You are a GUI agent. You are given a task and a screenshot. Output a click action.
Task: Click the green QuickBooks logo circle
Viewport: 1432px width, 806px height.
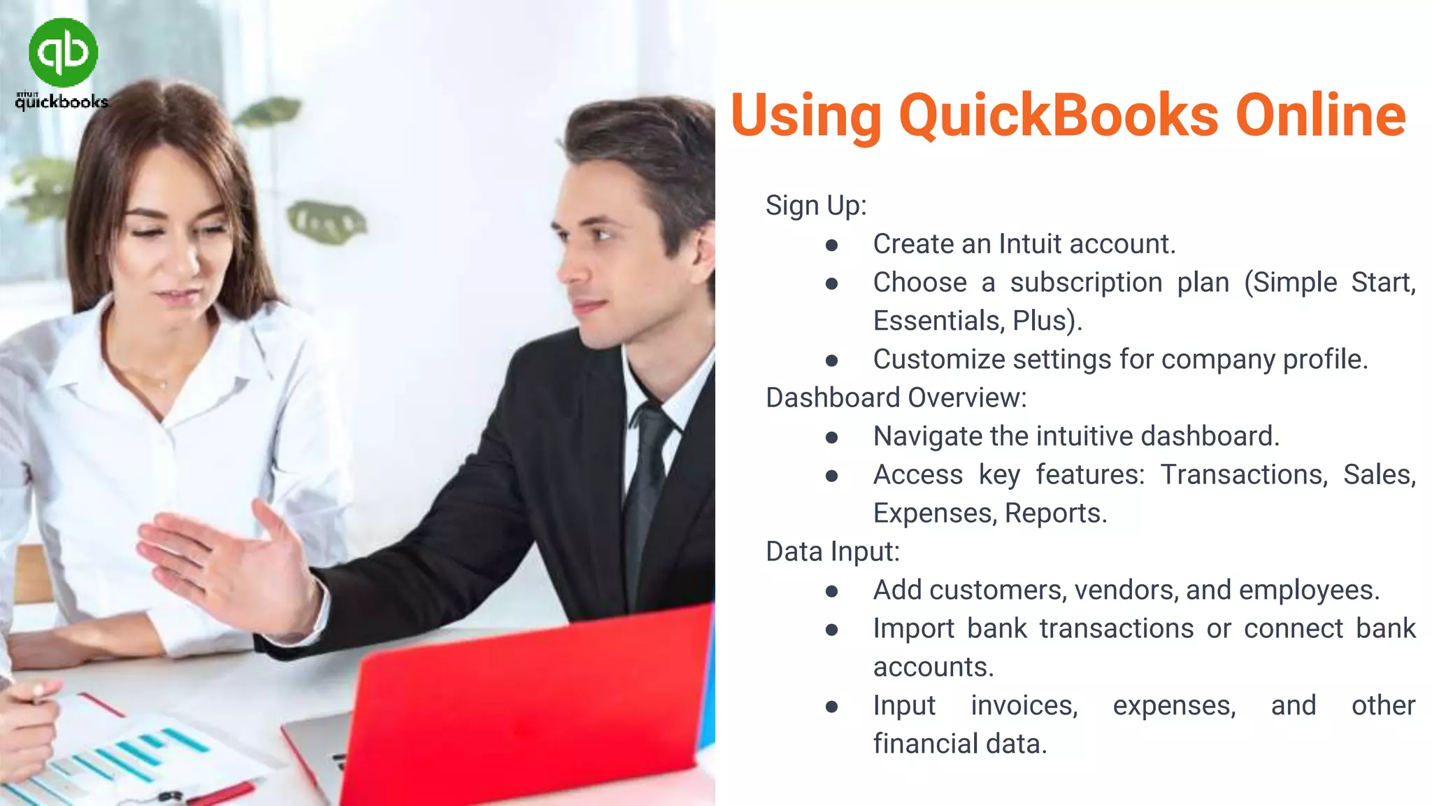(63, 52)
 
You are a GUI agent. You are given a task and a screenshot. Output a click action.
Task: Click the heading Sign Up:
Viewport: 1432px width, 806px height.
(816, 206)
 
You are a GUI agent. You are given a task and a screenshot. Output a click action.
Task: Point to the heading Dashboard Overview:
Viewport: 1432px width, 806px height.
(896, 398)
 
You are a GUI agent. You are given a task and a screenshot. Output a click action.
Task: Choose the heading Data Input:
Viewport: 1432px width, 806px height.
(832, 552)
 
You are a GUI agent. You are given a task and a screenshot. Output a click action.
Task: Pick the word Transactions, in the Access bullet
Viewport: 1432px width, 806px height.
(1244, 475)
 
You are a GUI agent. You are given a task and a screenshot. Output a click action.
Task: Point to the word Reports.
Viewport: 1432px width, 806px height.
(1056, 514)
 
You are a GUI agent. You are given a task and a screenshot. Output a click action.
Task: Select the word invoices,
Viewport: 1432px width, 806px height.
(1024, 706)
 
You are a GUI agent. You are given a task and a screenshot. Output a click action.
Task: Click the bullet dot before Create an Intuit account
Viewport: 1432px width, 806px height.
(831, 245)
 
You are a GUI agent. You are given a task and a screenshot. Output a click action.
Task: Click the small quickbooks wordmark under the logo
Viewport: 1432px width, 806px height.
(62, 102)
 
